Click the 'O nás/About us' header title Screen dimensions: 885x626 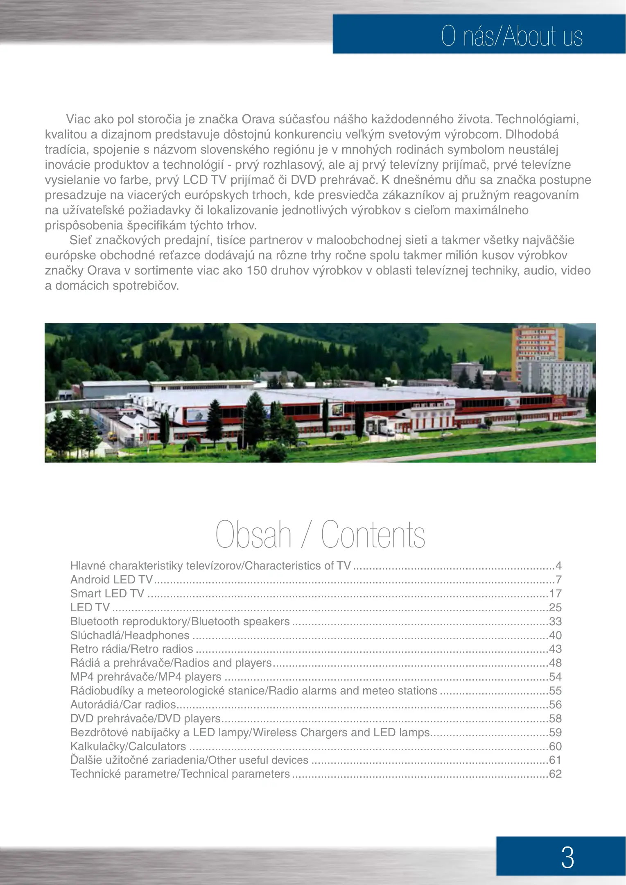(511, 36)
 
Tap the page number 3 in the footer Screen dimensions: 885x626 (567, 857)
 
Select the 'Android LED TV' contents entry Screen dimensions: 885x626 (111, 580)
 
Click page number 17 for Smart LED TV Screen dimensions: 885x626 (555, 594)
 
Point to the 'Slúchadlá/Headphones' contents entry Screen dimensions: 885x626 (130, 635)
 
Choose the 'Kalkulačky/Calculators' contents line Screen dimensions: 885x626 (128, 747)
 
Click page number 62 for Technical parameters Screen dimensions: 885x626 (555, 774)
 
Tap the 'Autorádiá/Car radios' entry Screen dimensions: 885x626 (123, 705)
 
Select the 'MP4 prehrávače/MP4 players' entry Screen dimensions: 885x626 (146, 677)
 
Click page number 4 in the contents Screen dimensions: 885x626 (558, 566)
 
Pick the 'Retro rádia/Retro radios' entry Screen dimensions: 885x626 (131, 649)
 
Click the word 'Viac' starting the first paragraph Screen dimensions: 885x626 (78, 119)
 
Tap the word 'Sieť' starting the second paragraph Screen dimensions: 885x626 (81, 240)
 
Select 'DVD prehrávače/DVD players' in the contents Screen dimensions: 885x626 (145, 719)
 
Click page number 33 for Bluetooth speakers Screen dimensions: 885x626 (555, 622)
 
